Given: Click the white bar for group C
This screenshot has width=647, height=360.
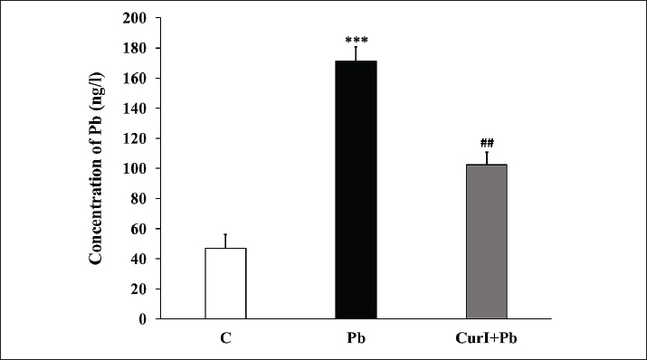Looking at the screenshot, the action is pyautogui.click(x=225, y=283).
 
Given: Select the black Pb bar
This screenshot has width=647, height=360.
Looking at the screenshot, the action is pyautogui.click(x=357, y=190).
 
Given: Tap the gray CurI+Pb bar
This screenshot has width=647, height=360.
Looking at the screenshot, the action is pyautogui.click(x=487, y=242).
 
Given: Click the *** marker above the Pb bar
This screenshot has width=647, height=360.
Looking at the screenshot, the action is pyautogui.click(x=357, y=40).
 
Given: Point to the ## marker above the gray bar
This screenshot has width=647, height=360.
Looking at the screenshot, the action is pyautogui.click(x=487, y=143).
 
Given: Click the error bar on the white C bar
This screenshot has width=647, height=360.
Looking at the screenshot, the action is pyautogui.click(x=225, y=241).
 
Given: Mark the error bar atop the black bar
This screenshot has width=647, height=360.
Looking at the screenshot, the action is pyautogui.click(x=357, y=53).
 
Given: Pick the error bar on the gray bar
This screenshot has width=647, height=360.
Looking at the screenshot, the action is pyautogui.click(x=487, y=158).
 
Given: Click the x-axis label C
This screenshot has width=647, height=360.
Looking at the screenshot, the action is pyautogui.click(x=225, y=338).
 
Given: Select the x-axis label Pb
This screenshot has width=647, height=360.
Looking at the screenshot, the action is pyautogui.click(x=357, y=338).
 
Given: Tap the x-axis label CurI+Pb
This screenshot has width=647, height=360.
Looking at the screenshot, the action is pyautogui.click(x=487, y=338).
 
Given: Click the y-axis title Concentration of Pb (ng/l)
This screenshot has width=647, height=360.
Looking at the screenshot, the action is pyautogui.click(x=96, y=168).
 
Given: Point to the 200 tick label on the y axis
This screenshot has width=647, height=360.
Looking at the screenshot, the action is pyautogui.click(x=135, y=18).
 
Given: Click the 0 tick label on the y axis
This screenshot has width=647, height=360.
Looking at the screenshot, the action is pyautogui.click(x=142, y=319).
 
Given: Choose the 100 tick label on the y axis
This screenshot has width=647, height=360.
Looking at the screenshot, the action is pyautogui.click(x=135, y=168).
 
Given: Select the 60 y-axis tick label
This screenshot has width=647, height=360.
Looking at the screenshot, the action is pyautogui.click(x=138, y=229).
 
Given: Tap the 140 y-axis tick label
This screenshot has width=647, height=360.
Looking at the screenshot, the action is pyautogui.click(x=135, y=109).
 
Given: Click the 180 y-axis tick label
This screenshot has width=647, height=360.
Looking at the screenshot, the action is pyautogui.click(x=135, y=48).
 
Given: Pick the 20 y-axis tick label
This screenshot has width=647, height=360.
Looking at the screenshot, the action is pyautogui.click(x=138, y=289).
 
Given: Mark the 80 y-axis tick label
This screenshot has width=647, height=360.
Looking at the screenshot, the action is pyautogui.click(x=138, y=199).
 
